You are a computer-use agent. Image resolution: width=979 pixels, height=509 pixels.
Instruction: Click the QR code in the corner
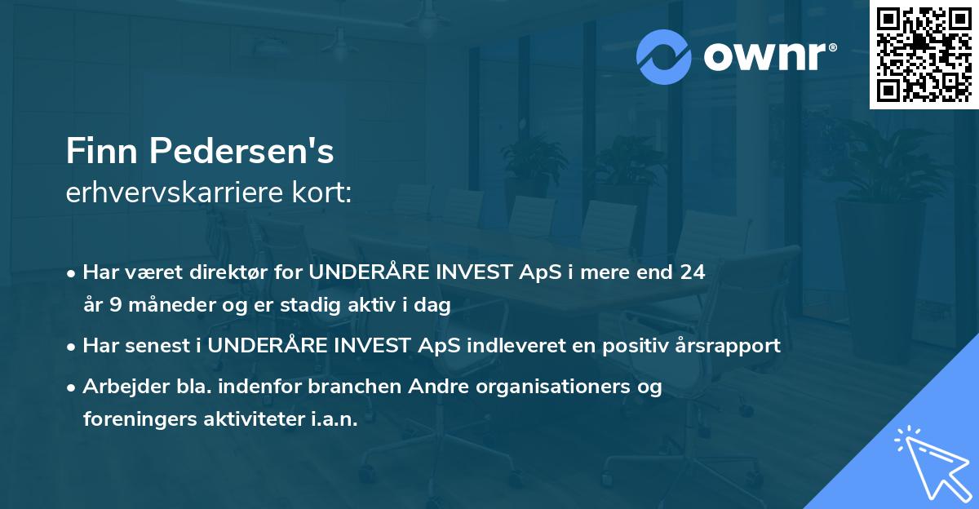924,55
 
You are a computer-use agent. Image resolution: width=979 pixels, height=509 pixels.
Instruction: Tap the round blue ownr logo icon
664,57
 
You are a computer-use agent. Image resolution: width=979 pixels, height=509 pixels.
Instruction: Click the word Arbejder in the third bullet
119,387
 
